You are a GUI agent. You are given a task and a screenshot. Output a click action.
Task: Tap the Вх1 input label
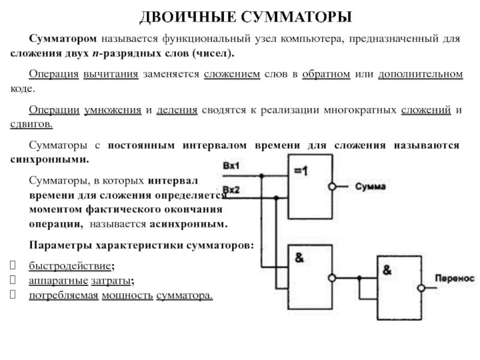[x=231, y=165]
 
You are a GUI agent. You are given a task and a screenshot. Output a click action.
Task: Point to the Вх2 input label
[x=231, y=190]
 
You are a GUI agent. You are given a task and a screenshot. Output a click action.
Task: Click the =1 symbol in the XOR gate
[x=301, y=171]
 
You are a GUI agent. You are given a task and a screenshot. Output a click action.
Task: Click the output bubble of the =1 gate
[x=331, y=187]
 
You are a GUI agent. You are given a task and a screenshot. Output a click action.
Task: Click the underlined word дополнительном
[x=421, y=74]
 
